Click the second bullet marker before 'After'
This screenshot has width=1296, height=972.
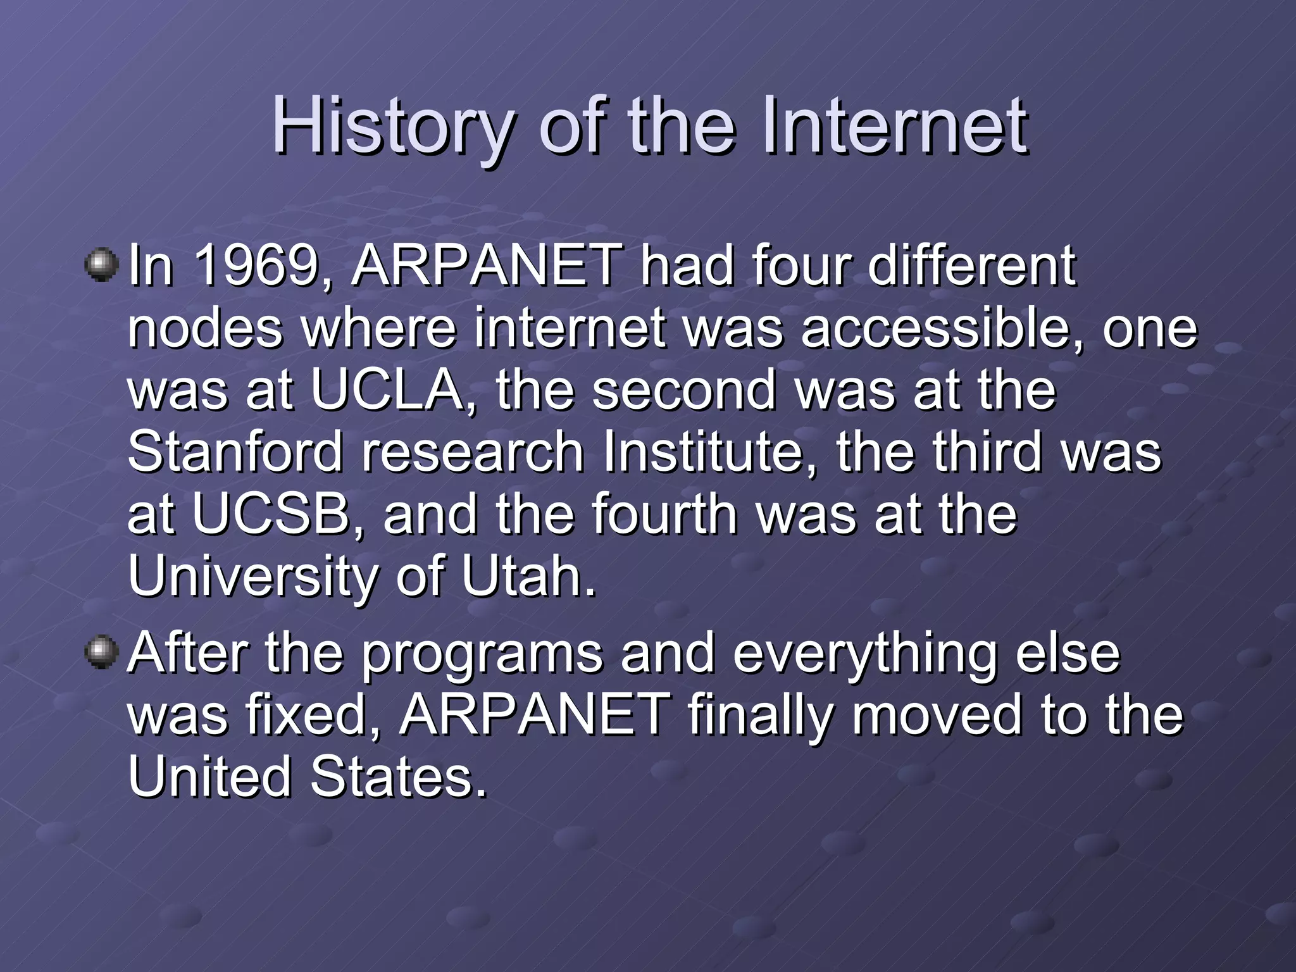click(x=101, y=652)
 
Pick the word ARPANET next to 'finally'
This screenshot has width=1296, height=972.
click(x=535, y=716)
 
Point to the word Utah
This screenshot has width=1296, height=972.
click(x=529, y=576)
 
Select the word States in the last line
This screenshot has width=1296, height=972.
click(x=399, y=778)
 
